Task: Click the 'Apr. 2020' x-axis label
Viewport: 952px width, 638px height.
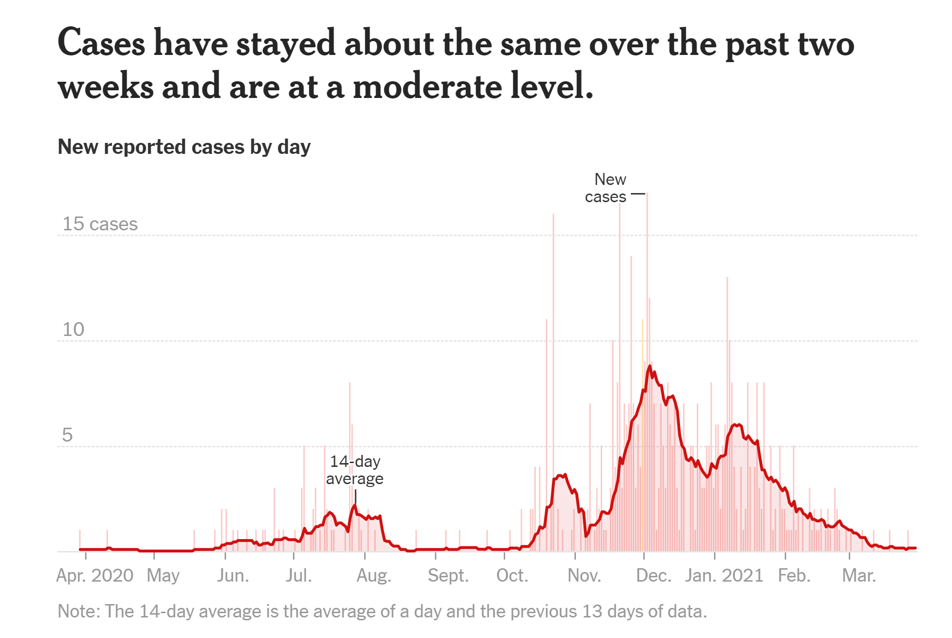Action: [x=95, y=575]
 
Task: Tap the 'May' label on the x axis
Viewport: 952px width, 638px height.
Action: [x=163, y=575]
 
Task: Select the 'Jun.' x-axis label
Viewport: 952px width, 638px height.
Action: [x=233, y=575]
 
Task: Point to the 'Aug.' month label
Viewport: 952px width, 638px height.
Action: [x=374, y=575]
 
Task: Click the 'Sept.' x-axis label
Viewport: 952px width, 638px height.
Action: [x=448, y=575]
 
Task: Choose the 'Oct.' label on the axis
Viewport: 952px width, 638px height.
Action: [x=512, y=575]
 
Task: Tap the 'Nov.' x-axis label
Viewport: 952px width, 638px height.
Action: [x=584, y=575]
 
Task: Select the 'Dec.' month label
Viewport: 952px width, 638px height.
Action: [x=653, y=575]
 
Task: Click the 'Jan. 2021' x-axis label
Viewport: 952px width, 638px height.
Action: [x=724, y=575]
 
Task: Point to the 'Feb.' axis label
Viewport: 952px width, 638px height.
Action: [x=794, y=575]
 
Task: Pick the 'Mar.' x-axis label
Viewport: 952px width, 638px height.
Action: [x=859, y=575]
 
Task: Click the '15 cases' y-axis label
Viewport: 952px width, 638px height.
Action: [x=100, y=224]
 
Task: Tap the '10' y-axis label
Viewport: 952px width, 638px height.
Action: [x=73, y=329]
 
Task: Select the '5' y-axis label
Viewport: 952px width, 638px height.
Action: [x=67, y=435]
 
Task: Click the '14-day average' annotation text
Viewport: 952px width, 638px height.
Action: [x=355, y=470]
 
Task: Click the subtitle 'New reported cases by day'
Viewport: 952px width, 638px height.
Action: [x=184, y=147]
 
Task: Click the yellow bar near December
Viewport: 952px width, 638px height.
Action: [x=642, y=430]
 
